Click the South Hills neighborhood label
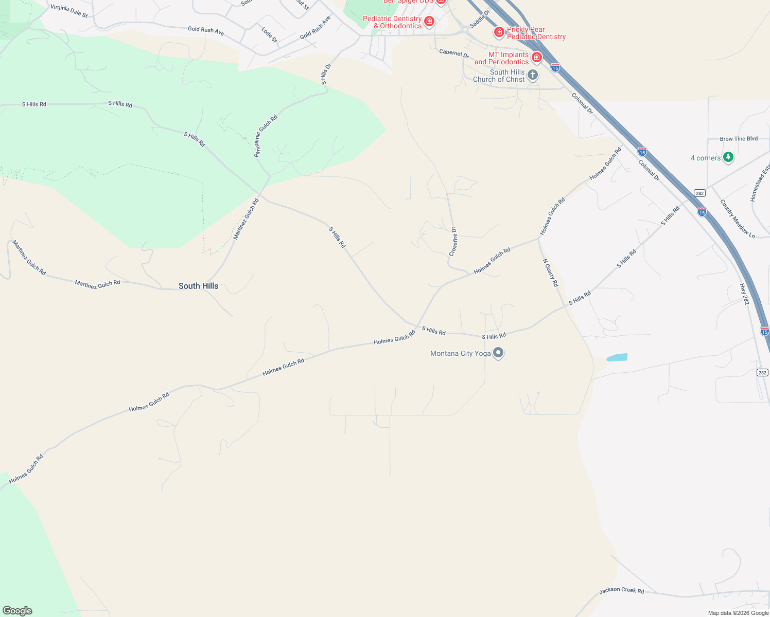[x=198, y=286]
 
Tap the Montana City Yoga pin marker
[x=498, y=353]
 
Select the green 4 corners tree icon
[x=728, y=157]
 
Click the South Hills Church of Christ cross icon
[x=533, y=76]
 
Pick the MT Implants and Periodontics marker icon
[x=536, y=57]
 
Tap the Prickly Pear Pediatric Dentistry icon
[x=499, y=32]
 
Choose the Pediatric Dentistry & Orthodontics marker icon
[x=429, y=22]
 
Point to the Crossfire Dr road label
[x=453, y=242]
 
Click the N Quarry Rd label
[x=550, y=273]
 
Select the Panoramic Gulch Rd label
[x=266, y=136]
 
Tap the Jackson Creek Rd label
[x=621, y=591]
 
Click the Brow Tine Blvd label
[x=739, y=139]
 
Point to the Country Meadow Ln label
[x=737, y=219]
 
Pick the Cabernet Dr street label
[x=454, y=53]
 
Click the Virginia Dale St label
[x=69, y=11]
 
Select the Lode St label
[x=269, y=34]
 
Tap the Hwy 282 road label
[x=744, y=294]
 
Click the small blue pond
[x=617, y=357]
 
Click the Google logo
[x=17, y=611]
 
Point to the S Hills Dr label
[x=326, y=74]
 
